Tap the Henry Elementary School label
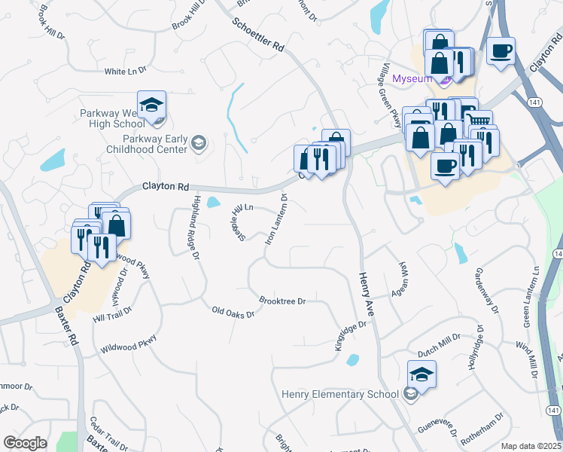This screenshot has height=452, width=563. pyautogui.click(x=340, y=394)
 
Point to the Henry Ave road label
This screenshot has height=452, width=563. pyautogui.click(x=370, y=293)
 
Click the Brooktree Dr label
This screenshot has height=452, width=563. pyautogui.click(x=282, y=301)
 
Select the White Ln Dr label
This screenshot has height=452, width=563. pyautogui.click(x=125, y=72)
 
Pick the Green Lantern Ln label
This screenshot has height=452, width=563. pyautogui.click(x=531, y=295)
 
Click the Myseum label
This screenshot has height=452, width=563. pyautogui.click(x=412, y=78)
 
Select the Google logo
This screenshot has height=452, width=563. pyautogui.click(x=25, y=443)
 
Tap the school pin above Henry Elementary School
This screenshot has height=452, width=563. pyautogui.click(x=421, y=373)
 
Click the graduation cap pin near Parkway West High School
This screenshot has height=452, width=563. pyautogui.click(x=151, y=105)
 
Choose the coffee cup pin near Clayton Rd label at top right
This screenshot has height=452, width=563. pyautogui.click(x=501, y=51)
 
